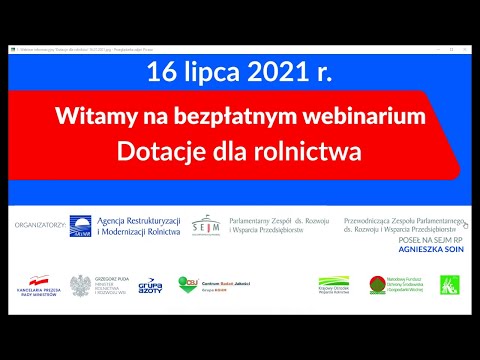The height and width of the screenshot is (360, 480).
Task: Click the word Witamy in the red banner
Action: click(96, 117)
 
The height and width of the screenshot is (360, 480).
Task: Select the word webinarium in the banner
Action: click(367, 117)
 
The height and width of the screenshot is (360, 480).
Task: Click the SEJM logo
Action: click(206, 225)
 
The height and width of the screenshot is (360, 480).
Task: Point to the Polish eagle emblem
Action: click(80, 286)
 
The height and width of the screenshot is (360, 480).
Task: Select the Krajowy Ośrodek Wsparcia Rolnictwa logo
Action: click(333, 286)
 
